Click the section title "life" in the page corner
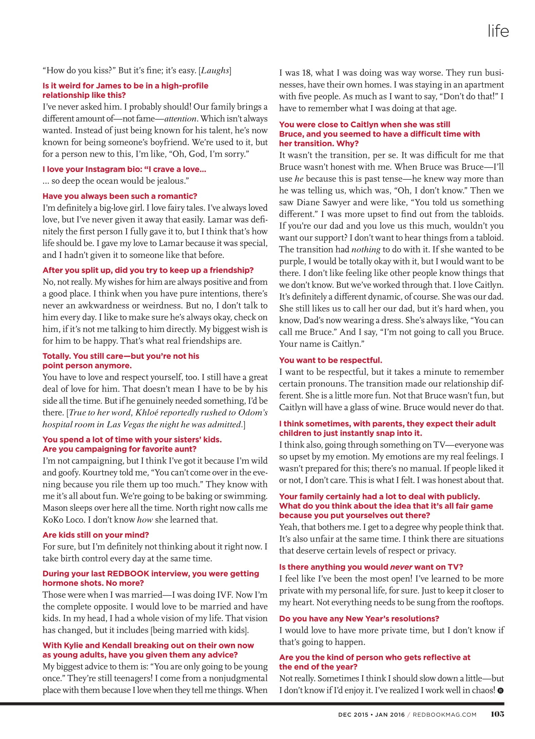(498, 31)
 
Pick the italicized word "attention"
(180, 119)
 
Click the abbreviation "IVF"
(226, 595)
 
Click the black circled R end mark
(500, 691)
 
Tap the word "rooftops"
(485, 602)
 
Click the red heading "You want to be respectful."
(331, 360)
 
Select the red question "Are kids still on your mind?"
(96, 535)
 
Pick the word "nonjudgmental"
(238, 679)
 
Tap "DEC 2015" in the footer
(353, 715)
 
